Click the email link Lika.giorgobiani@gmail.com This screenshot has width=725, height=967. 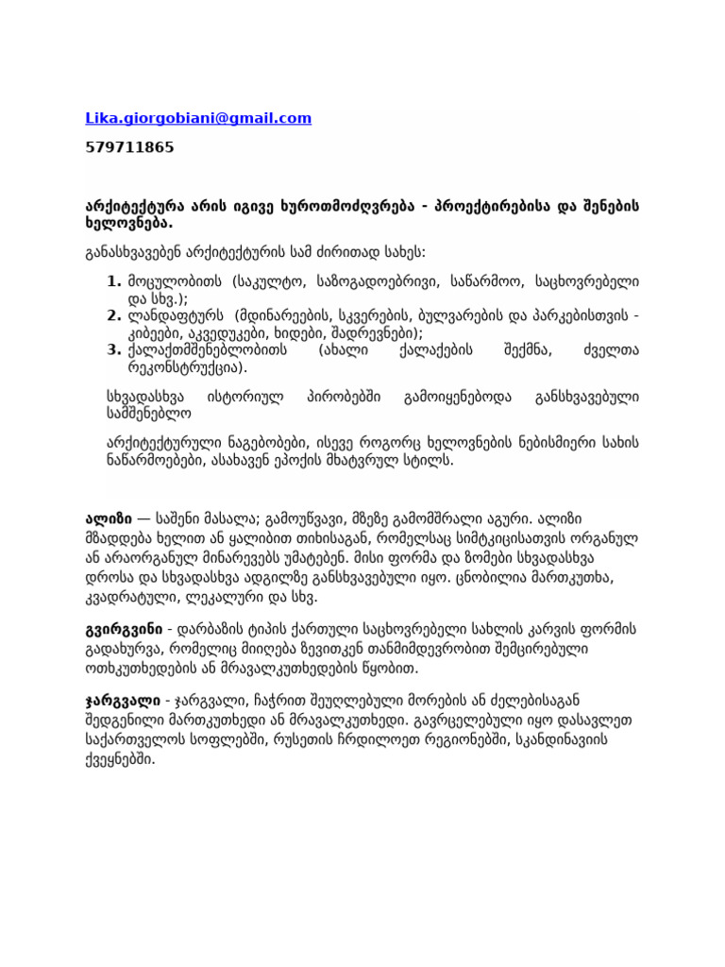(198, 118)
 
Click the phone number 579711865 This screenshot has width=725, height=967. (129, 147)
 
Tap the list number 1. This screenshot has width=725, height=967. (114, 280)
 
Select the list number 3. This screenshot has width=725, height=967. (114, 349)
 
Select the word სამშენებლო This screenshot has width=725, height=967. (134, 412)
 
